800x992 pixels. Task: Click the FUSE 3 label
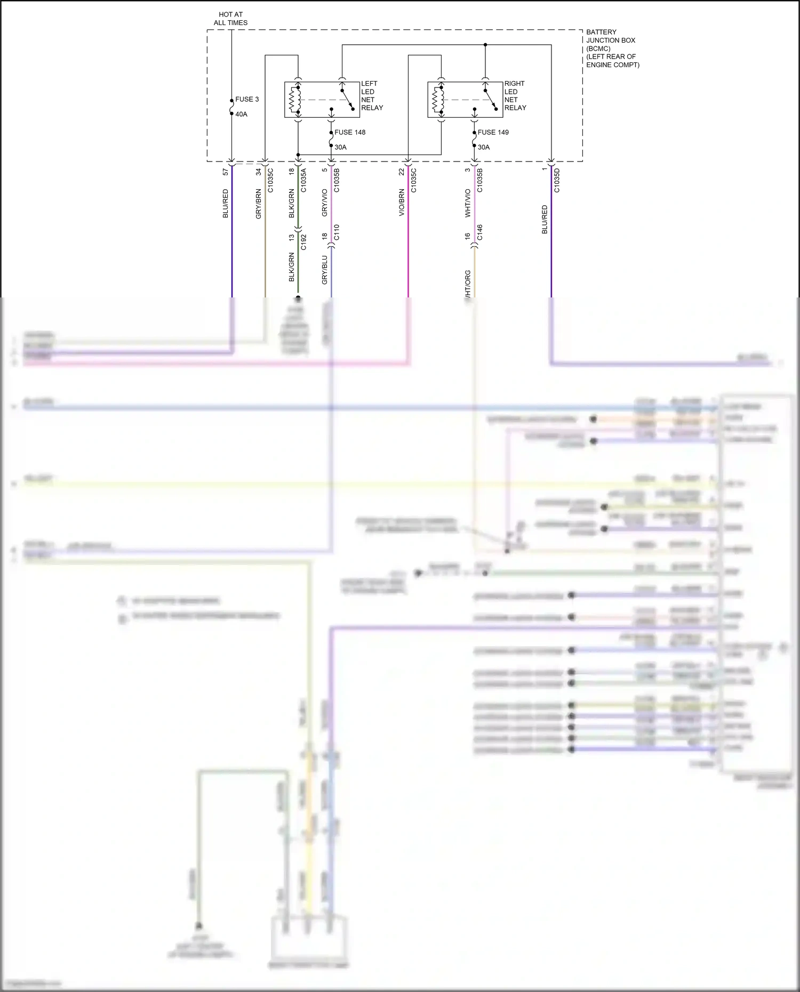click(x=247, y=100)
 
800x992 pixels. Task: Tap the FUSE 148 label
click(x=350, y=132)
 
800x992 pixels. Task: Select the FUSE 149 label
click(x=493, y=132)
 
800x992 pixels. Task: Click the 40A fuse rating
click(x=241, y=115)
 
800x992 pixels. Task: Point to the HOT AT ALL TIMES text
click(x=230, y=19)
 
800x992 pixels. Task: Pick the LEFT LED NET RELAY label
click(x=372, y=96)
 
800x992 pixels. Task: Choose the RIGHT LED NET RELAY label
click(x=515, y=96)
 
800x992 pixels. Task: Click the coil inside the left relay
click(x=292, y=100)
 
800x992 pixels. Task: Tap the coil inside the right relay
click(x=435, y=100)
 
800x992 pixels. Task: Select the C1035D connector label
click(x=557, y=180)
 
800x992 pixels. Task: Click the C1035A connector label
click(x=303, y=180)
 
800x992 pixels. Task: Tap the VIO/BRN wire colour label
click(x=402, y=203)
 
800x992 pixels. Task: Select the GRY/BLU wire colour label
click(x=324, y=270)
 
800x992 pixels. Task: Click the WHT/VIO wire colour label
click(x=468, y=203)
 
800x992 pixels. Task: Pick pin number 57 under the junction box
click(x=226, y=172)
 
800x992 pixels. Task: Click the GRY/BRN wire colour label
click(x=259, y=204)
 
